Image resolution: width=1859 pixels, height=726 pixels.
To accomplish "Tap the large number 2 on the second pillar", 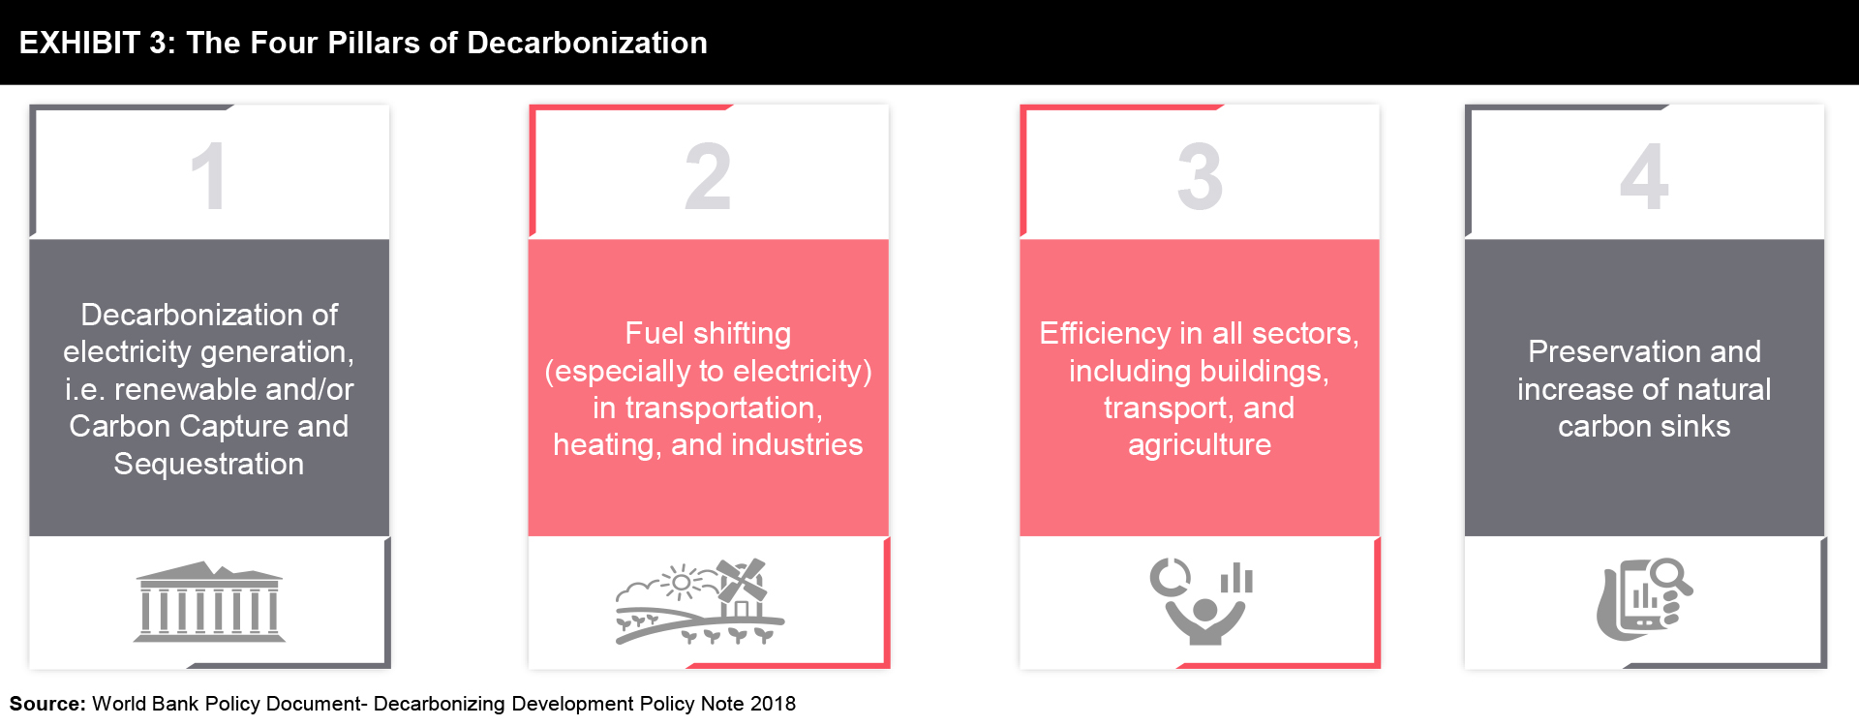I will (708, 176).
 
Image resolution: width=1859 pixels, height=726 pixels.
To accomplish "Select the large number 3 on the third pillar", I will (1200, 176).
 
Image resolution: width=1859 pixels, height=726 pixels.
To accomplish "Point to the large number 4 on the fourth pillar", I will (1644, 176).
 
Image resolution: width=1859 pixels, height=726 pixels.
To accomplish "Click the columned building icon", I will (209, 602).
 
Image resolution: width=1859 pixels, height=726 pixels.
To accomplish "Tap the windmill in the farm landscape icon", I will (741, 581).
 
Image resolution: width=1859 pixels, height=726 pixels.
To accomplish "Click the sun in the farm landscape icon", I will (682, 582).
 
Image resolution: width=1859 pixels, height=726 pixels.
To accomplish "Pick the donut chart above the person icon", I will (1171, 578).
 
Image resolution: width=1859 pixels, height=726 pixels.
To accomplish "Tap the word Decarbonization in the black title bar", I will (587, 43).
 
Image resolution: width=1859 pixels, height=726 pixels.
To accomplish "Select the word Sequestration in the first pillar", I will (209, 464).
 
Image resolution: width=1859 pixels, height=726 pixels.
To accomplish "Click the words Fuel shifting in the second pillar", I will (708, 333).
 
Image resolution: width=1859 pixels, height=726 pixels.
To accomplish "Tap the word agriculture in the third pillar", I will (1200, 444).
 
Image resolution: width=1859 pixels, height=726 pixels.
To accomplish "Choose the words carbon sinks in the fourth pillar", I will (1644, 426).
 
